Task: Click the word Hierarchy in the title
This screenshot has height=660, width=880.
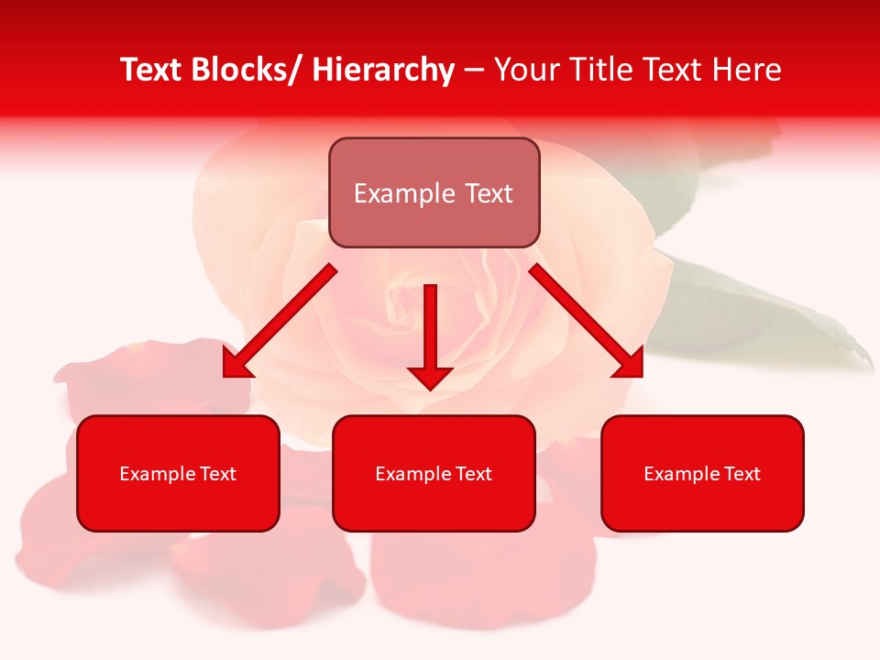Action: click(x=383, y=70)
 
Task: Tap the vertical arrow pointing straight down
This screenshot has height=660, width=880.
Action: click(x=430, y=330)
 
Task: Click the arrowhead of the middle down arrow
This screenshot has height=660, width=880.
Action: click(x=430, y=377)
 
